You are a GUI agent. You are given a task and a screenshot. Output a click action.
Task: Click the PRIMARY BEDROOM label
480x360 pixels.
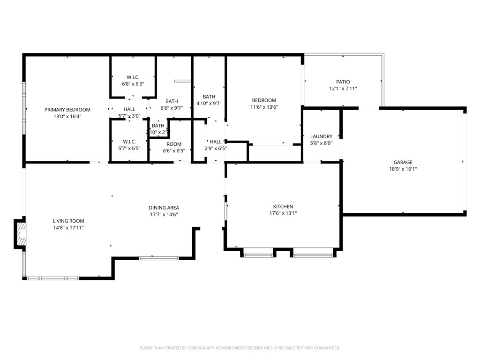[x=67, y=110]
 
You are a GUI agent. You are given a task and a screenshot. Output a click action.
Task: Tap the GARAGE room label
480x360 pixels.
[x=403, y=162]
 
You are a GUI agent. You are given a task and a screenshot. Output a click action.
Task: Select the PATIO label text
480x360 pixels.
[x=343, y=82]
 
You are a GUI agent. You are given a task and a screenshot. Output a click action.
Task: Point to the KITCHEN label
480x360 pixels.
[x=283, y=206]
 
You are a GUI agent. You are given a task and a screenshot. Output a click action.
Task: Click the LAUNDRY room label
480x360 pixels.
[x=321, y=136]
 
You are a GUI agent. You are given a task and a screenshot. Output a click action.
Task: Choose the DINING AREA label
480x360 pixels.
[x=164, y=208]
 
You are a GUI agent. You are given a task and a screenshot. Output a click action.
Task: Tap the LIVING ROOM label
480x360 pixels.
[x=68, y=221]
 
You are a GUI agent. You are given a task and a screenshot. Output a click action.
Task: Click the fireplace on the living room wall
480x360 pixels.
[x=21, y=233]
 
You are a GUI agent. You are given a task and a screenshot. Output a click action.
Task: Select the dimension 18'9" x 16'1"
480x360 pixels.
[x=403, y=169]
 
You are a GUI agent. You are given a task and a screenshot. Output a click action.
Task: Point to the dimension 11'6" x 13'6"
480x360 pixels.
[x=264, y=107]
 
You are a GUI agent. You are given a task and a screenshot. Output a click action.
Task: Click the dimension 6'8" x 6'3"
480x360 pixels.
[x=133, y=84]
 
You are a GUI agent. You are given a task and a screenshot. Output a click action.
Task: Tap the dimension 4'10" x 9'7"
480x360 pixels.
[x=209, y=104]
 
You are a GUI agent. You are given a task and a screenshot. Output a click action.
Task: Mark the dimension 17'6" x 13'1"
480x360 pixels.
[x=283, y=213]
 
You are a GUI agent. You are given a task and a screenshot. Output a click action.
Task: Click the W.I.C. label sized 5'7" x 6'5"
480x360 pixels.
[x=129, y=142]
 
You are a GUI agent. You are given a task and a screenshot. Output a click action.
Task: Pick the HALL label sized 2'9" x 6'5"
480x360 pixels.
[x=216, y=142]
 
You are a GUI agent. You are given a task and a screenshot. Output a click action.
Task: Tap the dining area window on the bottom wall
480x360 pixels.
[x=158, y=258]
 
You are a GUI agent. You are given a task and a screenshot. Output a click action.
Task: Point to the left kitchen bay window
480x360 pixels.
[x=258, y=255]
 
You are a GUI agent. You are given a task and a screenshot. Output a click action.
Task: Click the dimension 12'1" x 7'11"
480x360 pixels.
[x=343, y=88]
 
